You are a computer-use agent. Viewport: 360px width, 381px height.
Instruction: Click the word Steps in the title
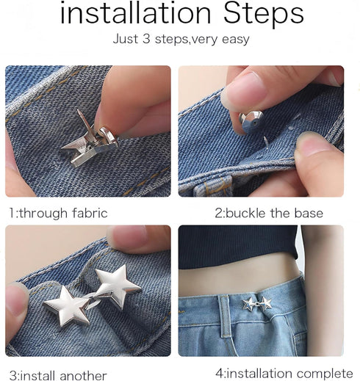coord(256,15)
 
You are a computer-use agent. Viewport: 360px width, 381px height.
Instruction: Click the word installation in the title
coord(129,13)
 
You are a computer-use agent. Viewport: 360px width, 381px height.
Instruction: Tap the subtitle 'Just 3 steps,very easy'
coord(180,40)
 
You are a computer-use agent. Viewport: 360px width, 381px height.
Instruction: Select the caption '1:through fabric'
coord(58,214)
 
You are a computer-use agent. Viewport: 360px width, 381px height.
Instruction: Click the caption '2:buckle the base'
coord(268,214)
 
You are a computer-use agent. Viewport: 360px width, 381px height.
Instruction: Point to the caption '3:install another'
coord(58,375)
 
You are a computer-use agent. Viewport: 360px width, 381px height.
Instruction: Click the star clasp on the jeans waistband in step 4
coord(257,303)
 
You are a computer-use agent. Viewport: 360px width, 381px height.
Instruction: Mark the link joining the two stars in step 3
coord(94,295)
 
